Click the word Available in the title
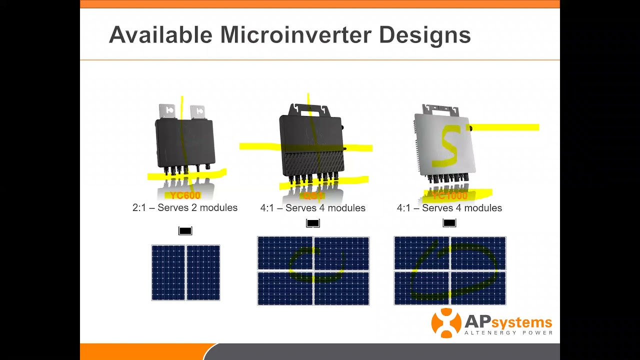(x=160, y=35)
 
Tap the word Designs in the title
(x=424, y=35)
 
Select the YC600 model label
(x=185, y=195)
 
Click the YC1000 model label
(x=449, y=195)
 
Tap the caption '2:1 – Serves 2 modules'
(x=185, y=207)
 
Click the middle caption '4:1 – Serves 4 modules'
(x=313, y=207)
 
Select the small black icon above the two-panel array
(x=185, y=230)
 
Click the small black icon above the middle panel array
(x=313, y=223)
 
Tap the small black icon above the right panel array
(x=449, y=223)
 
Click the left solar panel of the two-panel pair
(x=168, y=272)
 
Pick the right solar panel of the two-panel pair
(x=203, y=272)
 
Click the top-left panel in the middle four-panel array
(x=285, y=253)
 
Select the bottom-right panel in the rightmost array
(x=478, y=288)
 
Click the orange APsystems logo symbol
(x=445, y=323)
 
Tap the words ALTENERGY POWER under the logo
(x=508, y=332)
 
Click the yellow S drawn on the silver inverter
(x=446, y=146)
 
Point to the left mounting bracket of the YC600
(x=167, y=111)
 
